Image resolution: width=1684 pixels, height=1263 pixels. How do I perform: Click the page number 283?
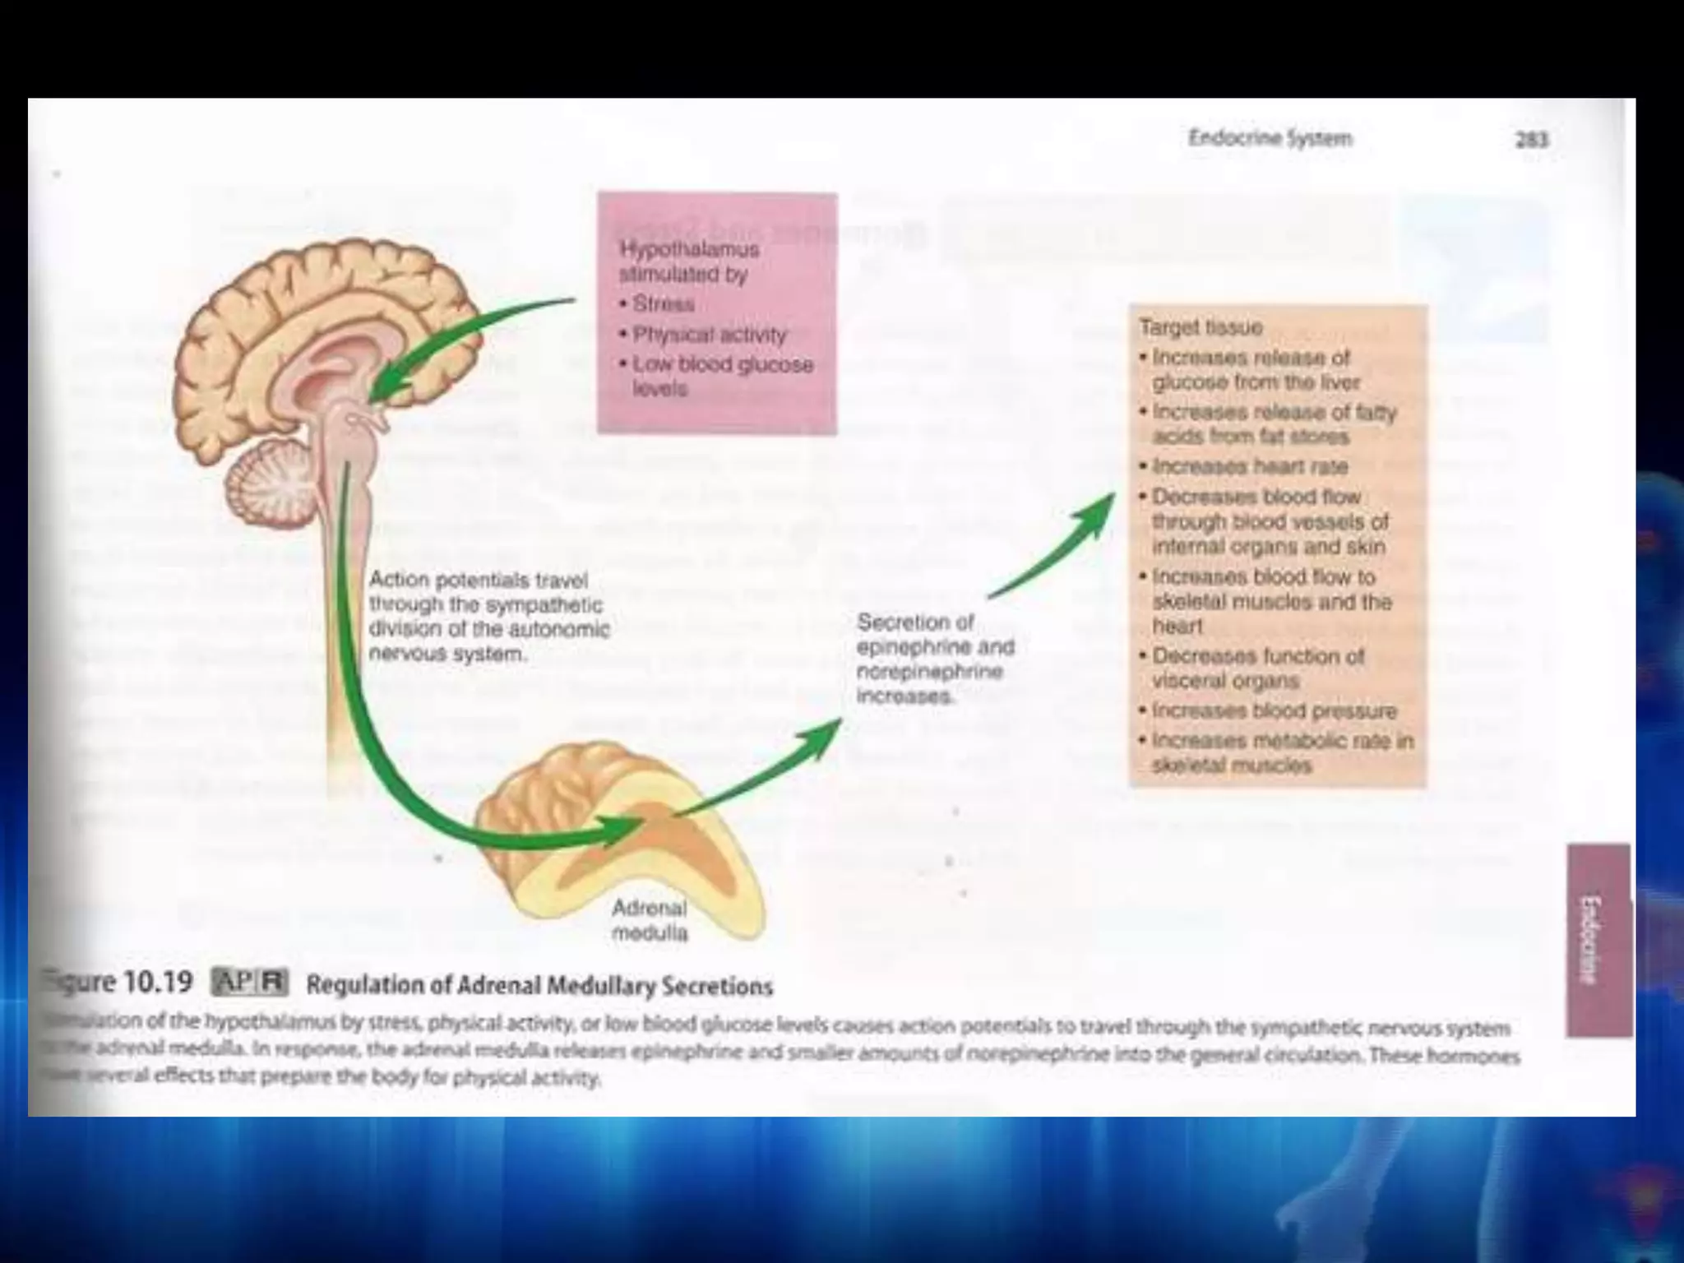(1532, 140)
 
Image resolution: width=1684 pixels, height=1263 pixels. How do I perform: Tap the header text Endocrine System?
(1270, 138)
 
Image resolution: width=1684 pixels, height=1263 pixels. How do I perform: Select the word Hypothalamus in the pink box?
(689, 248)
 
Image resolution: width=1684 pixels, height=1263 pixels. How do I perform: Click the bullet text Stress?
(663, 304)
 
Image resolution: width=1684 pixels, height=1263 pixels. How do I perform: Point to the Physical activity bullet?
(709, 335)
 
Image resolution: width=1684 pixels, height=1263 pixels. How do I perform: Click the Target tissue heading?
(1201, 327)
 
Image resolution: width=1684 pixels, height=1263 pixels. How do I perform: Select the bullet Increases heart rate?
(1249, 466)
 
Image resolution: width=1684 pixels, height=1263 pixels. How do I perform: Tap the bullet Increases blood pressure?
(1274, 710)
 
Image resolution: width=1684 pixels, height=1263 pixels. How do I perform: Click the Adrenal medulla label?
(650, 920)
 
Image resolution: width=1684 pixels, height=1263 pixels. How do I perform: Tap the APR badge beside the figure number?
(250, 983)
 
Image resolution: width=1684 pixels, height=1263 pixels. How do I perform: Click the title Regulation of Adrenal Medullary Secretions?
(539, 985)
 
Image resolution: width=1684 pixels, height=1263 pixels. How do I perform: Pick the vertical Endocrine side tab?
(1597, 939)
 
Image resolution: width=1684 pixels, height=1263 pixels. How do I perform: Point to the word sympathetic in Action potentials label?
(544, 605)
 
